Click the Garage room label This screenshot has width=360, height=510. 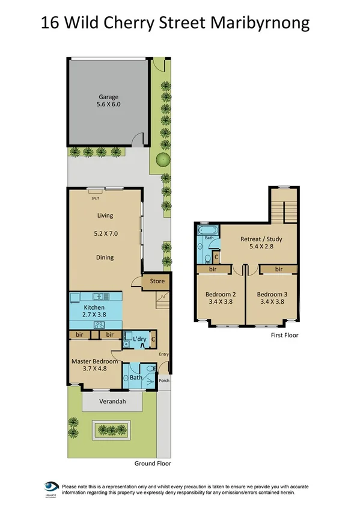(109, 96)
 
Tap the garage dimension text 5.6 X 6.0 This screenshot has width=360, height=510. (109, 104)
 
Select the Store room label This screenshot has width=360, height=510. (157, 280)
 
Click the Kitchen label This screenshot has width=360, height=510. (94, 307)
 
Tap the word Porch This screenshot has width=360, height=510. (164, 381)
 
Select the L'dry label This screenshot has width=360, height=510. (139, 339)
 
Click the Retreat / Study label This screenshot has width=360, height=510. (261, 239)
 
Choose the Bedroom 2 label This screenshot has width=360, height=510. (220, 294)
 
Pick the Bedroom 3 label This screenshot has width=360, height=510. (272, 294)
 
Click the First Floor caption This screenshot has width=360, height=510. (284, 335)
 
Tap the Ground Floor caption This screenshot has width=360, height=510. (153, 463)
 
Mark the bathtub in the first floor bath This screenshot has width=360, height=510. (207, 230)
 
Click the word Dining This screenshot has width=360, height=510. (105, 257)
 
